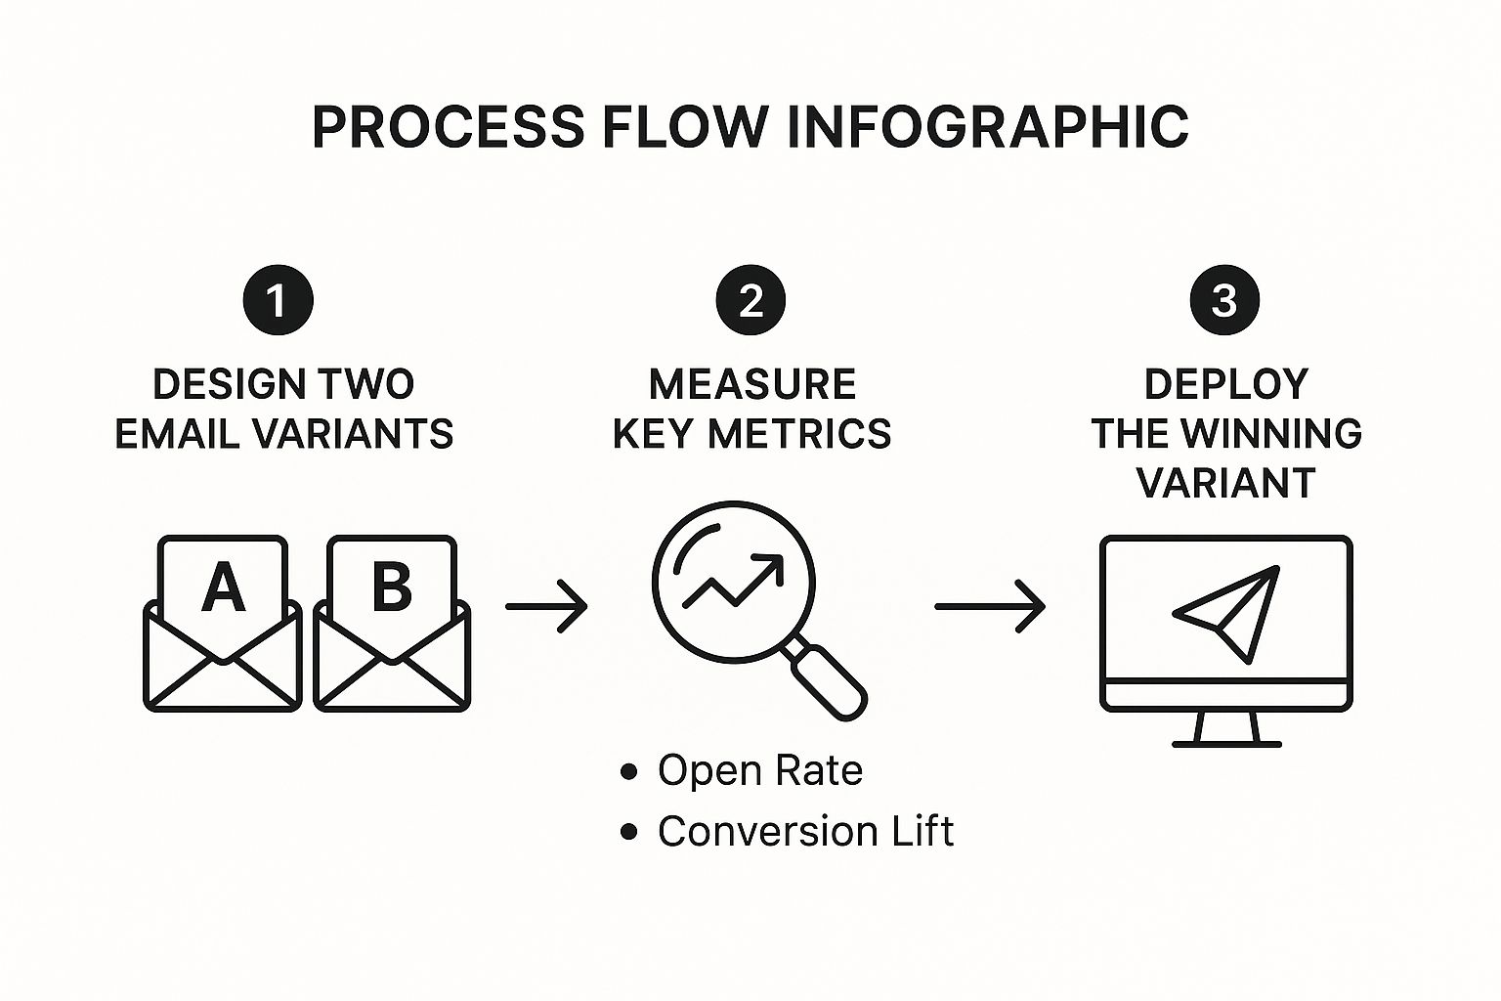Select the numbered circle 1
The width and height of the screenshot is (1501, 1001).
coord(278,300)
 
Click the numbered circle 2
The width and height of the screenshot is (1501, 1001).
coord(750,300)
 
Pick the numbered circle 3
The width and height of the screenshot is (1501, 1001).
coord(1224,300)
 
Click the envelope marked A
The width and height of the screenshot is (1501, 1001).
coord(223,626)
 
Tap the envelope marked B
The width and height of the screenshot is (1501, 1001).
coord(392,626)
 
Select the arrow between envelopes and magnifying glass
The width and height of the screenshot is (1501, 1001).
coord(546,606)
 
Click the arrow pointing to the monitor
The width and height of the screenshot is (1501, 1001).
coord(990,606)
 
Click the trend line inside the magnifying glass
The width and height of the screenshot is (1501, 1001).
coord(733,581)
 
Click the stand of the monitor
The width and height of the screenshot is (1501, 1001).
coord(1226,728)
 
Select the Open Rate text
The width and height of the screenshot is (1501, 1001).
coord(759,770)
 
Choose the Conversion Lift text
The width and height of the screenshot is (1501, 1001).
coord(805,832)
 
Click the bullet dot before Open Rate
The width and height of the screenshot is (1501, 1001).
coord(629,771)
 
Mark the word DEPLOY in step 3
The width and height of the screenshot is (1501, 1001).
coord(1225,384)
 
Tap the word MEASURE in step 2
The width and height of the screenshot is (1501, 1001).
coord(751,384)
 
